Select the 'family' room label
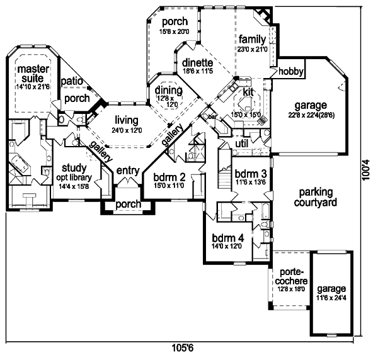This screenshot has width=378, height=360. tap(252, 39)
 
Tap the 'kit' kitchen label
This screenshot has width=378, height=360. tap(248, 92)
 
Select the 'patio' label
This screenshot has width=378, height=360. tap(71, 81)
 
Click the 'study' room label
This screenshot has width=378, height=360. tap(74, 169)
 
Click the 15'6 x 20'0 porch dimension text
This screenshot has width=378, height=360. tap(175, 31)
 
